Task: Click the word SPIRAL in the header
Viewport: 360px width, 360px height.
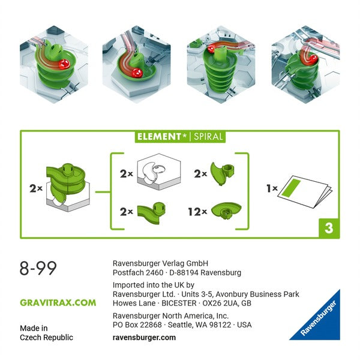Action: click(x=208, y=136)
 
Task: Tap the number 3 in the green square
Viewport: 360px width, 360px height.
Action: click(x=328, y=227)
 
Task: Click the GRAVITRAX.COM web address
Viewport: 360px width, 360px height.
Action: click(x=58, y=302)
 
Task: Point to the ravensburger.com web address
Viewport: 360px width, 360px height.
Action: click(x=144, y=337)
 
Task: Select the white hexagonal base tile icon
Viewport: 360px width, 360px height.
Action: click(x=158, y=175)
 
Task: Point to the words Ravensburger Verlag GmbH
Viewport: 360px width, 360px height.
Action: click(x=160, y=263)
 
